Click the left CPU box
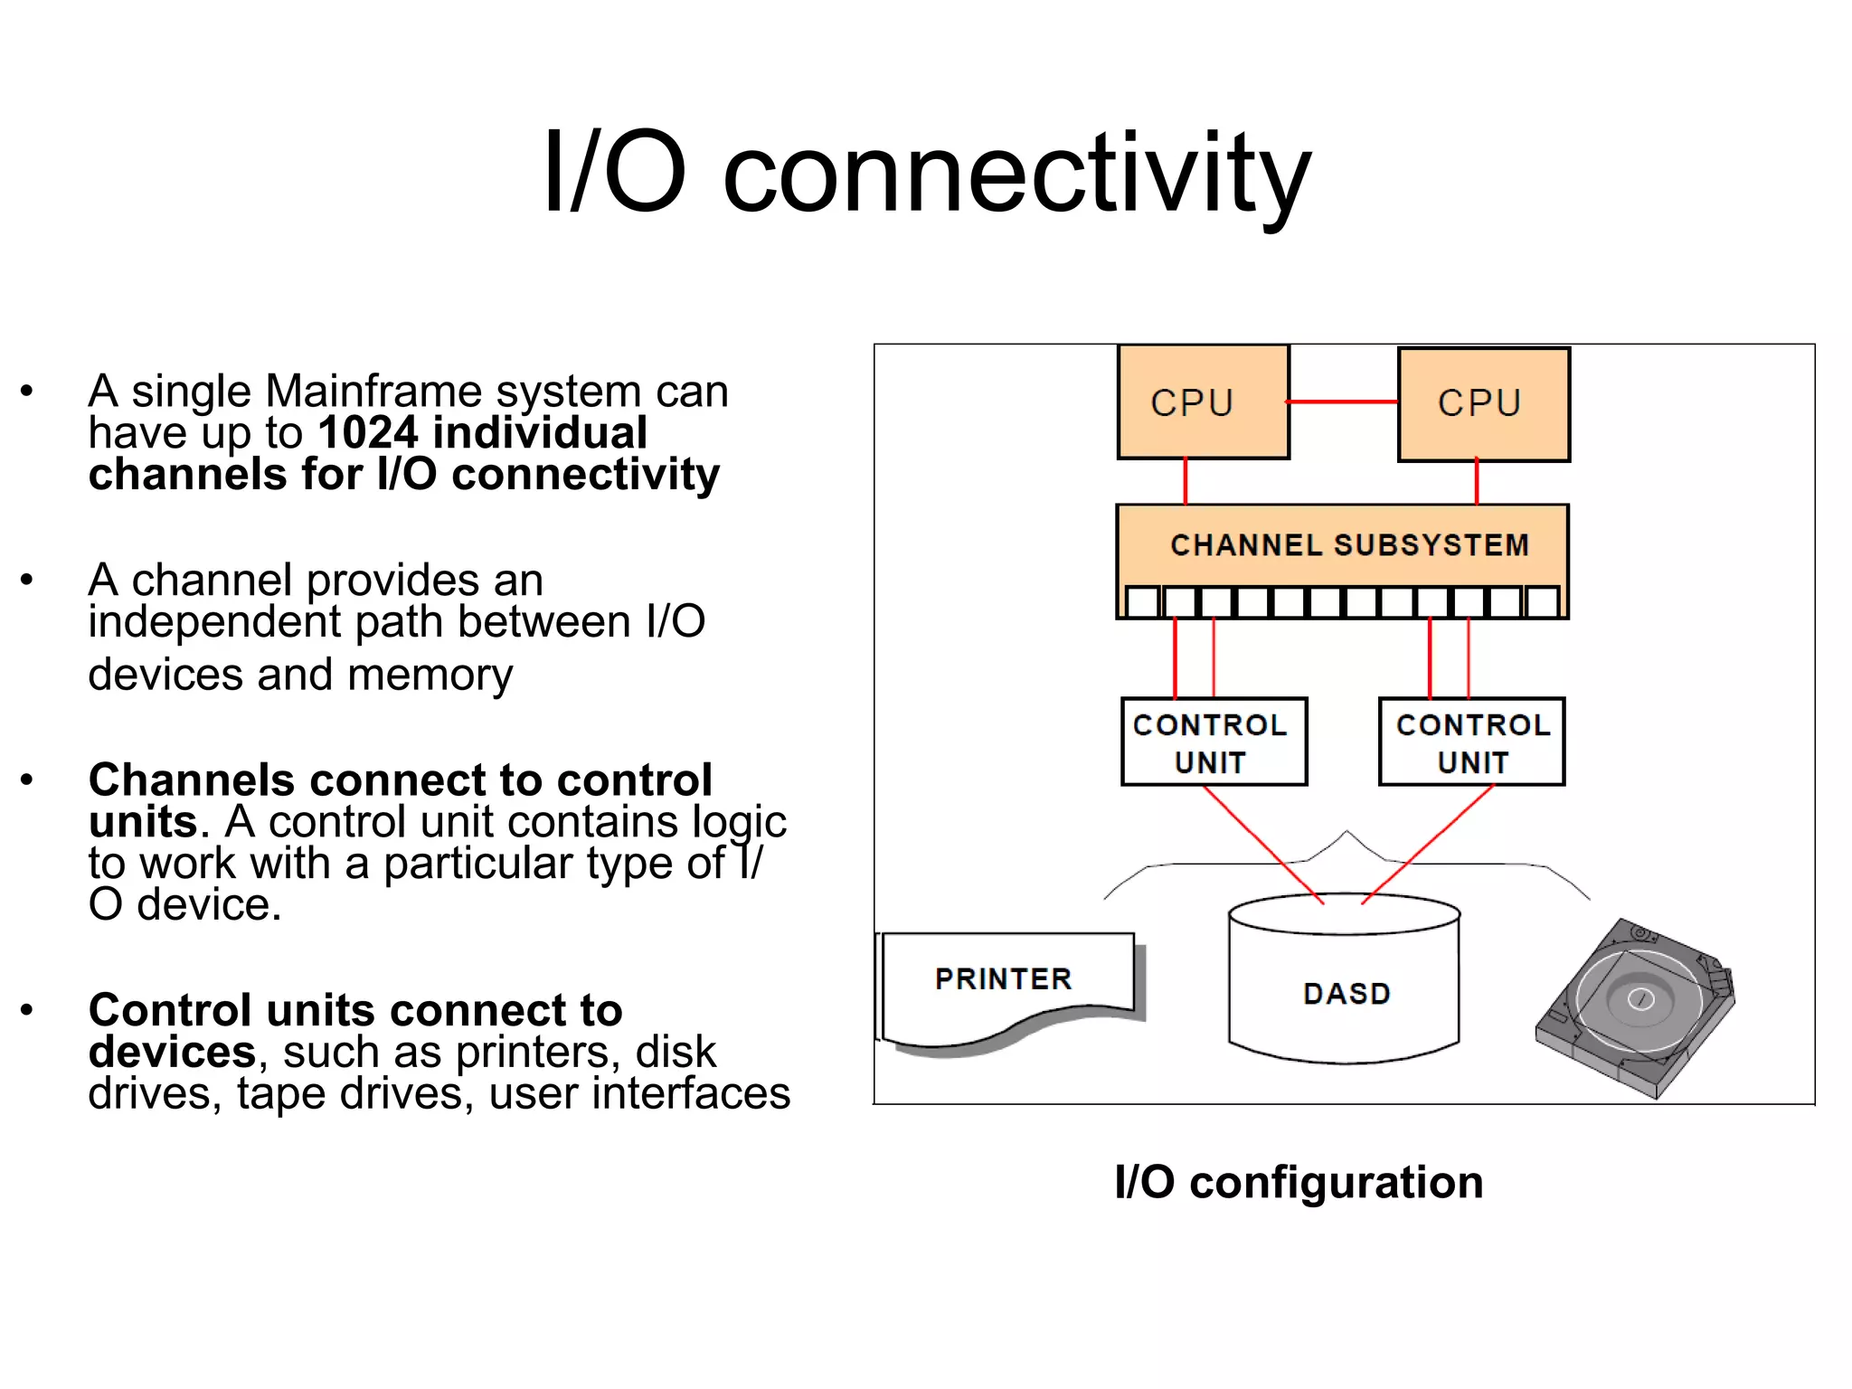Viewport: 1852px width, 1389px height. coord(1203,402)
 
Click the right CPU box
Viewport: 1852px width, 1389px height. coord(1483,404)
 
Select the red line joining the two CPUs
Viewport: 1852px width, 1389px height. coord(1343,402)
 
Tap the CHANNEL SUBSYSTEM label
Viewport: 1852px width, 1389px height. coord(1349,545)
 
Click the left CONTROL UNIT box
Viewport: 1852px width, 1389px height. coord(1214,742)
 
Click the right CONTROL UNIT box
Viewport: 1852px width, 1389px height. coord(1471,742)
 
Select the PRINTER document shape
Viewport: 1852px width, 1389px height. coord(1006,981)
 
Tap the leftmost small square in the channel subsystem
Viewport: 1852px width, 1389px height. coord(1143,602)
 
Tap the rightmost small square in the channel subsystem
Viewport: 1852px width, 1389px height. coord(1542,602)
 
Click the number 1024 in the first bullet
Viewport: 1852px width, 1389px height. coord(368,433)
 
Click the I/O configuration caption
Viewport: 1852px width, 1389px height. coord(1299,1182)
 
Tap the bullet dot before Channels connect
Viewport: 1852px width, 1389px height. coord(27,780)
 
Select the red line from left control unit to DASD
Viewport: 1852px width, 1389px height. coord(1264,845)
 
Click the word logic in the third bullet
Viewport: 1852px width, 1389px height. coord(739,823)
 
